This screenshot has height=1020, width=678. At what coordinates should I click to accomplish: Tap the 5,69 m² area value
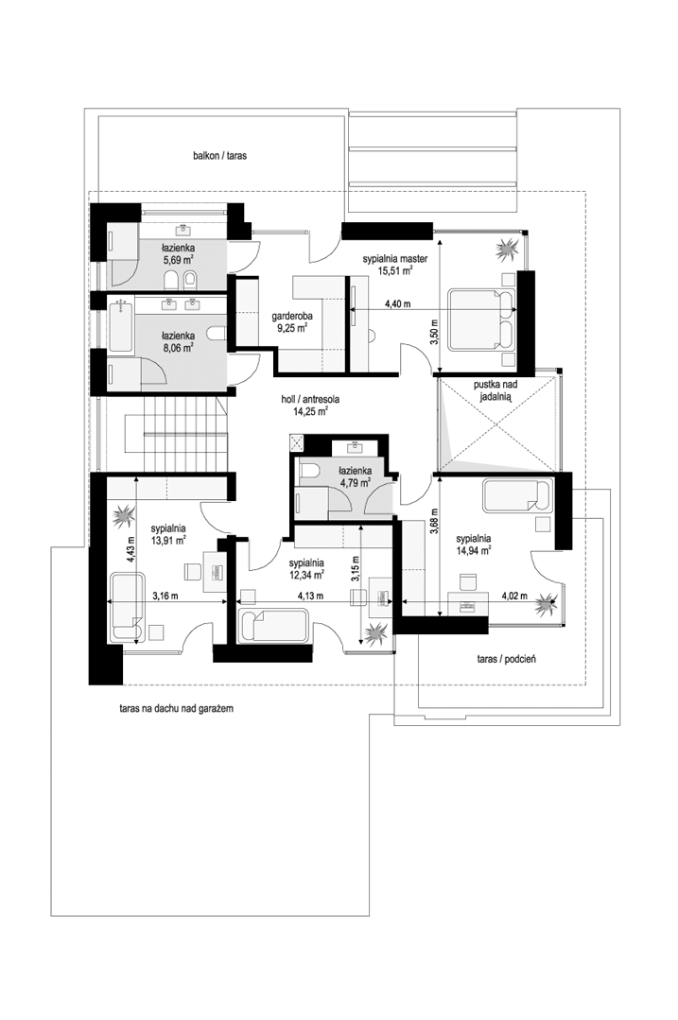pos(178,258)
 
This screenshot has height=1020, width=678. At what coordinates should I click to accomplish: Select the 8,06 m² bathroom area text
pos(177,347)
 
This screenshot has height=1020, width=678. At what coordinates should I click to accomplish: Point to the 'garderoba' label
pos(291,318)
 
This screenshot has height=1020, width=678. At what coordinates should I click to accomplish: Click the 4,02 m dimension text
pos(511,595)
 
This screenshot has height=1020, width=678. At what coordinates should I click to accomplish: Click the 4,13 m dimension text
pos(311,596)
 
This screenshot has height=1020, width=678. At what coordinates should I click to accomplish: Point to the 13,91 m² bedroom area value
pos(167,542)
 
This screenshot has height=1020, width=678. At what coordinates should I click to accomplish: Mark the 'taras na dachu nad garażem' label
pos(169,707)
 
